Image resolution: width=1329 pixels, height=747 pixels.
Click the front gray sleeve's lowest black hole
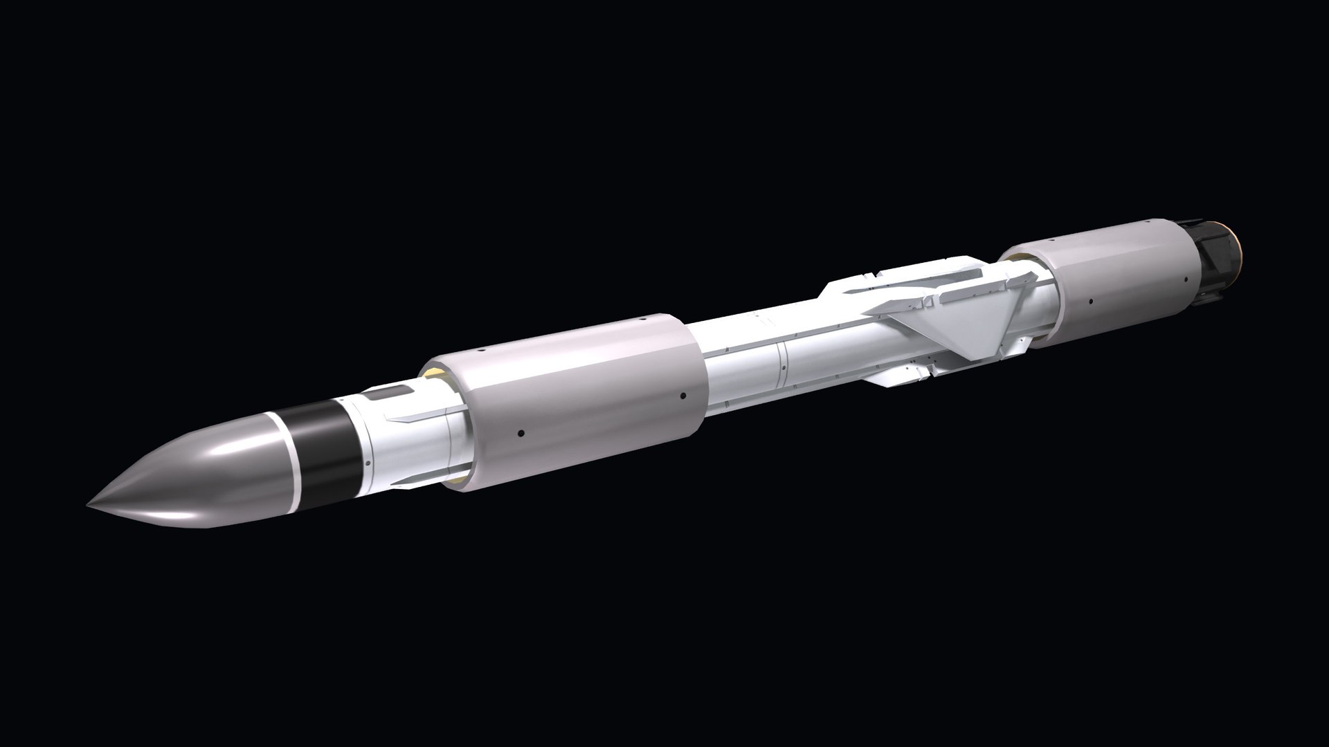pyautogui.click(x=520, y=434)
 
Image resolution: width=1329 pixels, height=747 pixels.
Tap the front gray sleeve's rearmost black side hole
pyautogui.click(x=682, y=396)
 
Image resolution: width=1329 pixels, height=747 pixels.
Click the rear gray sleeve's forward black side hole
pyautogui.click(x=1090, y=302)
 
